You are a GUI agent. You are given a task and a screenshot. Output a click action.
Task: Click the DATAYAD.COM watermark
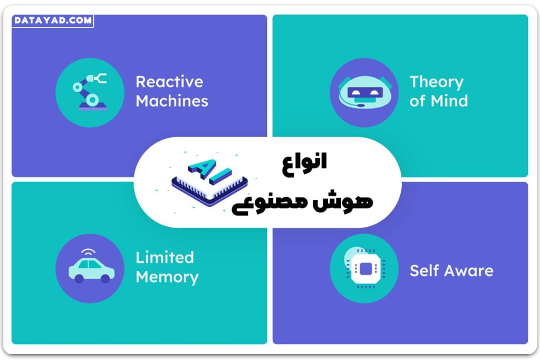[x=52, y=21]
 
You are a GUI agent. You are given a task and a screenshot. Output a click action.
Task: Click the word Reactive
[x=169, y=82]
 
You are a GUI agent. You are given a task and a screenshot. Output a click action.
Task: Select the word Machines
[x=172, y=101]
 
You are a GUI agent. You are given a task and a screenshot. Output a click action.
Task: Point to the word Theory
[x=436, y=82]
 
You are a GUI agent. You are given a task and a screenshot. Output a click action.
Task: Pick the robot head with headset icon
[x=363, y=93]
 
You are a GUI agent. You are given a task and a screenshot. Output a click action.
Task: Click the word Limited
[x=165, y=257]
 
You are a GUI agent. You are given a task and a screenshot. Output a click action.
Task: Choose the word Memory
[x=167, y=277]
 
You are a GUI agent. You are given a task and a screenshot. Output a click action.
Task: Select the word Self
[x=425, y=271]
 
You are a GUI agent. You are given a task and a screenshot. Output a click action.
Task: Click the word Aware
[x=468, y=271]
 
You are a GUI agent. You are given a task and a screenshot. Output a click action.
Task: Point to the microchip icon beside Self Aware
[x=363, y=268]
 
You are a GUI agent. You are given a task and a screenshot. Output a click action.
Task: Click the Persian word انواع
[x=304, y=162]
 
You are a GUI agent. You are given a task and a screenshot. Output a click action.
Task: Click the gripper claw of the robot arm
[x=98, y=79]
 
